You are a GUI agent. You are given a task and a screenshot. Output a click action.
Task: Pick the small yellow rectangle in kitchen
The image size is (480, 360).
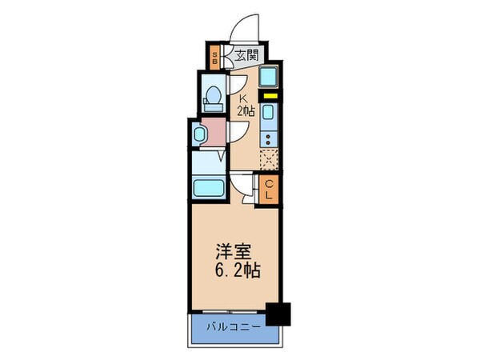(270, 97)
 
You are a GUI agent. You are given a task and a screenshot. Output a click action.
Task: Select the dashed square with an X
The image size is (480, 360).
(270, 159)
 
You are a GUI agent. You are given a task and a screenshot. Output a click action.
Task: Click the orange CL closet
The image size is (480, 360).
(270, 189)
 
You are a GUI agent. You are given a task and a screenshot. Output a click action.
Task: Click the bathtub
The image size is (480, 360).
(210, 190)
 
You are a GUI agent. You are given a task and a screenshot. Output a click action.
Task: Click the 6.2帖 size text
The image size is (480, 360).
(236, 270)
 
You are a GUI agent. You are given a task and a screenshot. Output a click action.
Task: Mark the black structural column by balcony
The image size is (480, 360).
(278, 314)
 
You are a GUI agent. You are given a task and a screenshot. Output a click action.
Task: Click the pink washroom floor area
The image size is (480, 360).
(214, 130)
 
